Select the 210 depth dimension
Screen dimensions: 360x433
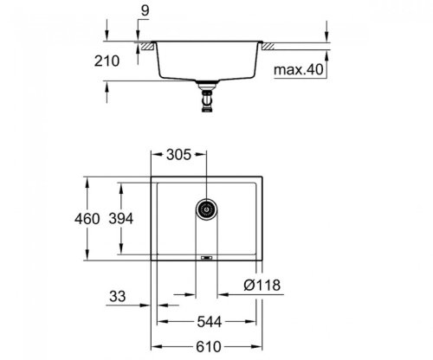[117, 61]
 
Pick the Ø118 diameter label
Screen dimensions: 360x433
[262, 286]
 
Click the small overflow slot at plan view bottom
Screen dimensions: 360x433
[205, 257]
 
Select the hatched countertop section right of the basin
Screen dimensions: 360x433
[269, 44]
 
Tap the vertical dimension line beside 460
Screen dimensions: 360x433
[89, 220]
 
